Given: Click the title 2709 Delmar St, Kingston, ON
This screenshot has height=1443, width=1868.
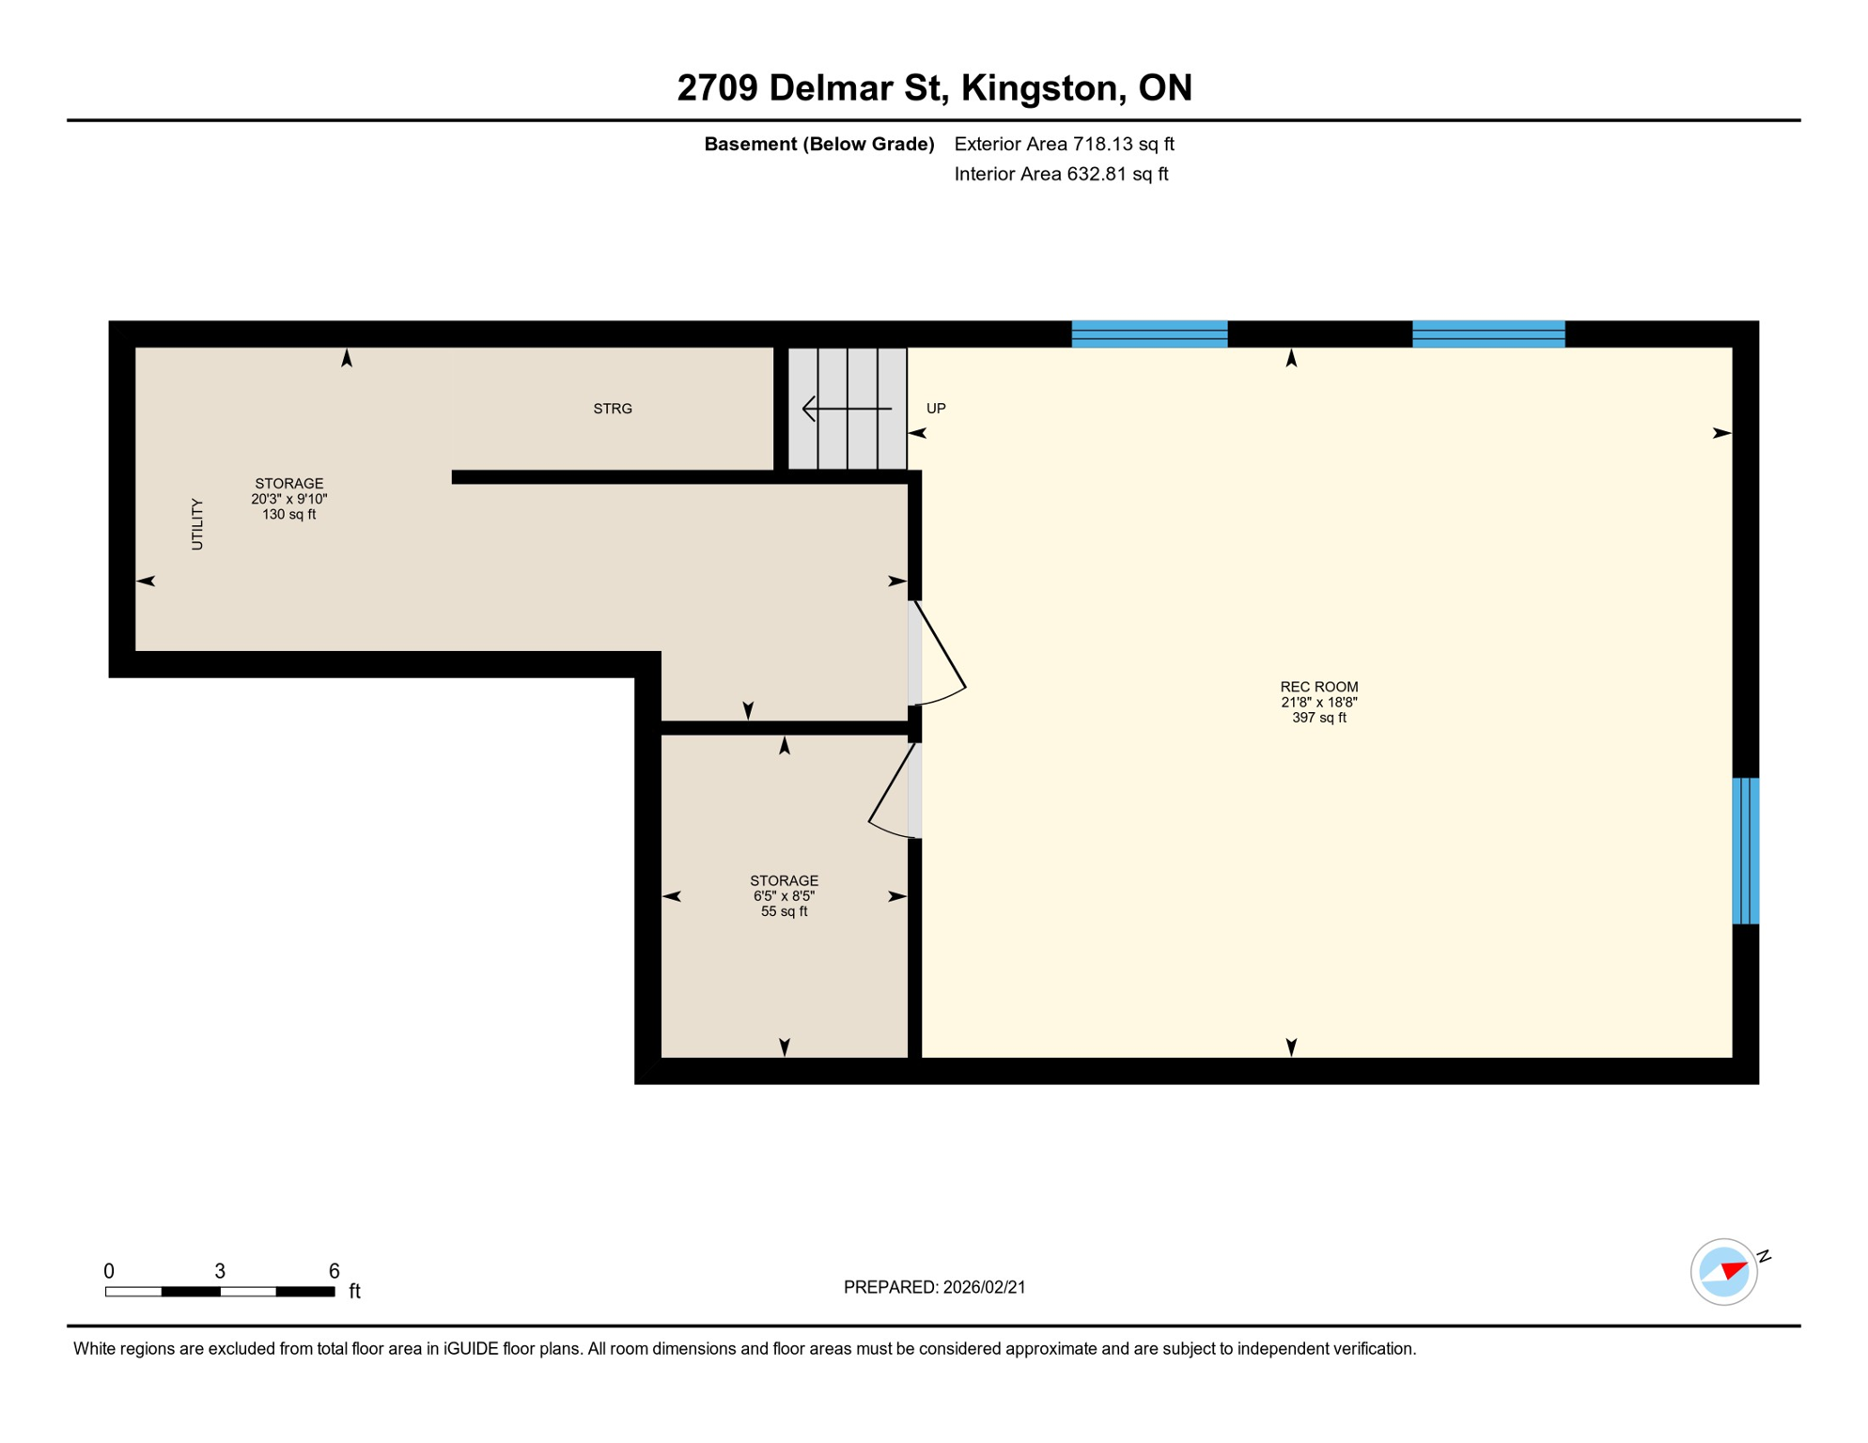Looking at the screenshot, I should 934,88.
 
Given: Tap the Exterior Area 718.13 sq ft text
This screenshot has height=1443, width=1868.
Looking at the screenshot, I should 1064,144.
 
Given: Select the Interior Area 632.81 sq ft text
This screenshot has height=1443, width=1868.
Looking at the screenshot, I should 1061,174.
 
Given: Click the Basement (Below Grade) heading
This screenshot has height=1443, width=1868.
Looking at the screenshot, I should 818,144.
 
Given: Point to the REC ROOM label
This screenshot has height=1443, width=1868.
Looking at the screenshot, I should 1318,687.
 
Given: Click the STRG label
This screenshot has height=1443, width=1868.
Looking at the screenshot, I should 613,409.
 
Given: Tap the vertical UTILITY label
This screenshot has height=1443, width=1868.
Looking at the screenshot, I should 197,524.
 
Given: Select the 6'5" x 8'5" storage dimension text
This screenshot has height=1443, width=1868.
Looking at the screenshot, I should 784,896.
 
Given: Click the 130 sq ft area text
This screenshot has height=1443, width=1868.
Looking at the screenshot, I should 288,515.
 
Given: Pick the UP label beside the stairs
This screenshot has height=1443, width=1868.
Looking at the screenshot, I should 936,409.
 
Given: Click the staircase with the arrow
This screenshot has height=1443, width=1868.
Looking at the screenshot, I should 847,409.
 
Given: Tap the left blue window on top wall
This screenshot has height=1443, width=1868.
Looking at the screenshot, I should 1149,334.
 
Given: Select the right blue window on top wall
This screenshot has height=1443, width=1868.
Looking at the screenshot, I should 1488,334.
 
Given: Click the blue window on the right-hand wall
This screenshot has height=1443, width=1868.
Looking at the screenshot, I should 1745,850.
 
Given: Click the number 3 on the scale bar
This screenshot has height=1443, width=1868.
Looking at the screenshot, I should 220,1271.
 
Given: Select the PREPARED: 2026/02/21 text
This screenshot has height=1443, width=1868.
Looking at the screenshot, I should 934,1287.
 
